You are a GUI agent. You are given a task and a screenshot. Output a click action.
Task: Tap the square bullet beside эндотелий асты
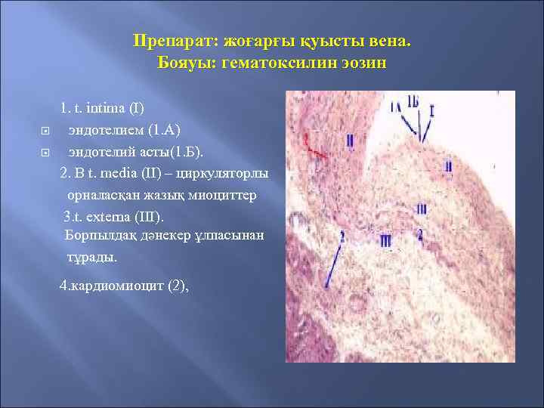pyautogui.click(x=44, y=152)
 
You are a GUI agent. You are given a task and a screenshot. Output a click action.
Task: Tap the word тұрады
pyautogui.click(x=92, y=256)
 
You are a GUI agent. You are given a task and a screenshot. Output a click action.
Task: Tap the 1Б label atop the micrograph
pyautogui.click(x=413, y=101)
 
